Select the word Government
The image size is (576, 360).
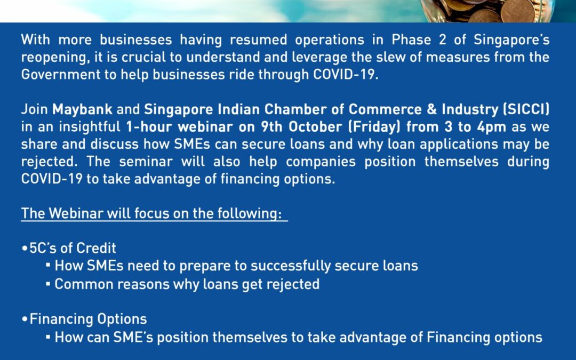point(61,75)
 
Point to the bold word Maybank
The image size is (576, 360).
point(82,109)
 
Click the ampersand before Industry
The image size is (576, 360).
point(432,109)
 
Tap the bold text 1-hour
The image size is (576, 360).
point(149,127)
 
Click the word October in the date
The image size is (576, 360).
point(315,127)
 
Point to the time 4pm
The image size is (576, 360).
point(492,127)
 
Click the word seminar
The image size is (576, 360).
point(146,162)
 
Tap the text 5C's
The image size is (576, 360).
point(43,248)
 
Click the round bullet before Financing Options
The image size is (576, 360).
point(25,319)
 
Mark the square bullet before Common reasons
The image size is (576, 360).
point(48,284)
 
